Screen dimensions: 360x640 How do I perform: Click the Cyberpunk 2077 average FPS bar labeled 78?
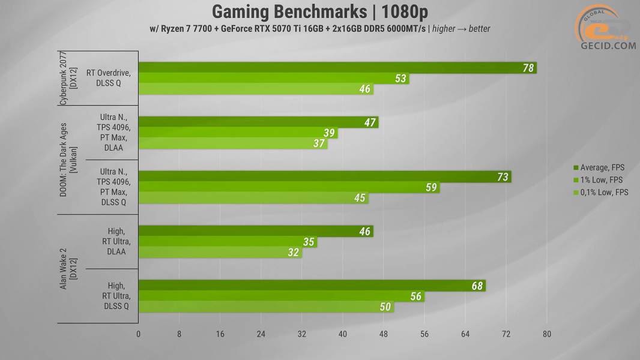tap(336, 68)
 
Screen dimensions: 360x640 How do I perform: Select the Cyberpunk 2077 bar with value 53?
tap(273, 79)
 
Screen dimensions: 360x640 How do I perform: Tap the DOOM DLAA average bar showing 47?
tap(258, 122)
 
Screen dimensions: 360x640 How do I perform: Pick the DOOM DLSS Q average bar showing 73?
tap(324, 177)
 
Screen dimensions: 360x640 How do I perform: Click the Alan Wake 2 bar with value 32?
tap(220, 253)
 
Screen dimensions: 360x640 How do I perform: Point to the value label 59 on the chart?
tap(431, 188)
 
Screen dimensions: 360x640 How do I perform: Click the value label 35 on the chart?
tap(309, 242)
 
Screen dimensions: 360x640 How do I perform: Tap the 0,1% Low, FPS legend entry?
tap(600, 193)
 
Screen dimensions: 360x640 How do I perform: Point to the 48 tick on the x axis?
tap(384, 334)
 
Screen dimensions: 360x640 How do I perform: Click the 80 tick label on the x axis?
tap(546, 334)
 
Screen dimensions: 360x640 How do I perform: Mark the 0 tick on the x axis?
tap(139, 334)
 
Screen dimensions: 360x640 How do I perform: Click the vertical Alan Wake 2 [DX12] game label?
tap(68, 270)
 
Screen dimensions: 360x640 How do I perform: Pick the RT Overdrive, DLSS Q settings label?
tap(108, 79)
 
